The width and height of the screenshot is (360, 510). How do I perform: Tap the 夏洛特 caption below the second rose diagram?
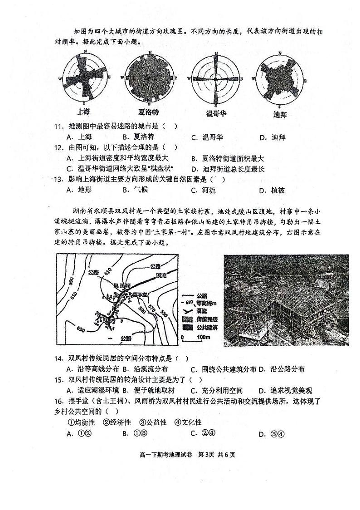pyautogui.click(x=149, y=112)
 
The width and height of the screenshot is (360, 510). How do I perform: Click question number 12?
pyautogui.click(x=58, y=147)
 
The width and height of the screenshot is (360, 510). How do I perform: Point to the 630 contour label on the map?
pyautogui.click(x=81, y=329)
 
